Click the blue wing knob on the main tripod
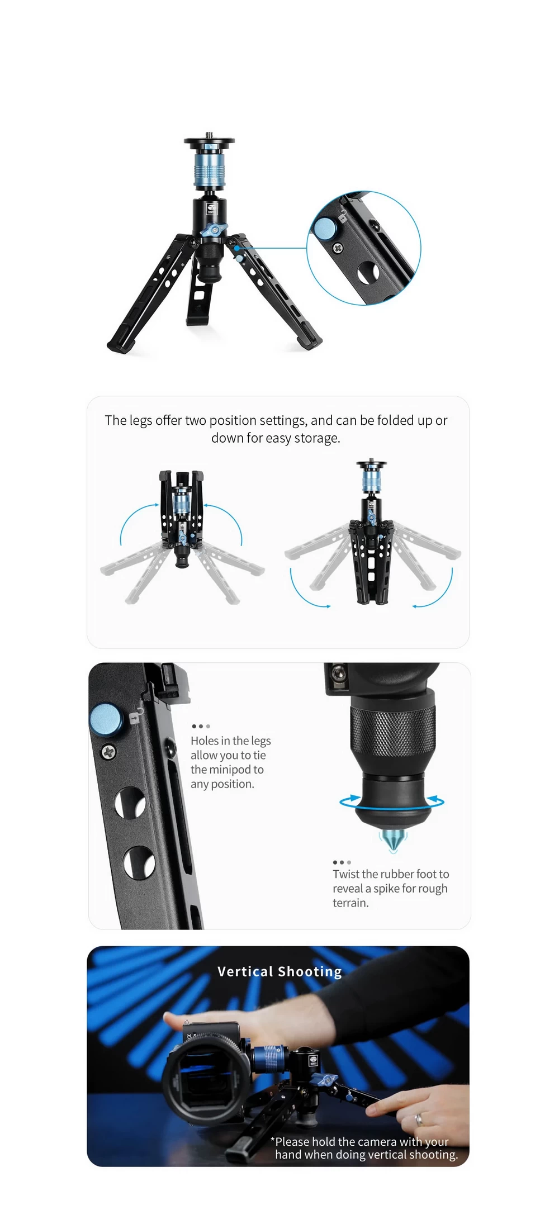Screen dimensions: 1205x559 pos(212,230)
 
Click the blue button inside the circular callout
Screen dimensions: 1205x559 pos(324,228)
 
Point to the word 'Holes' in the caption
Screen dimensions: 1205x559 pos(204,741)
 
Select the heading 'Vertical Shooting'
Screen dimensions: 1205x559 pos(279,972)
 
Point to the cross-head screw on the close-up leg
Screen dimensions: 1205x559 pos(108,752)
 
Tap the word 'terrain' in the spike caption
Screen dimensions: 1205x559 pos(350,903)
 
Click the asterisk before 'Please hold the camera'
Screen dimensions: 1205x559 pos(272,1140)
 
